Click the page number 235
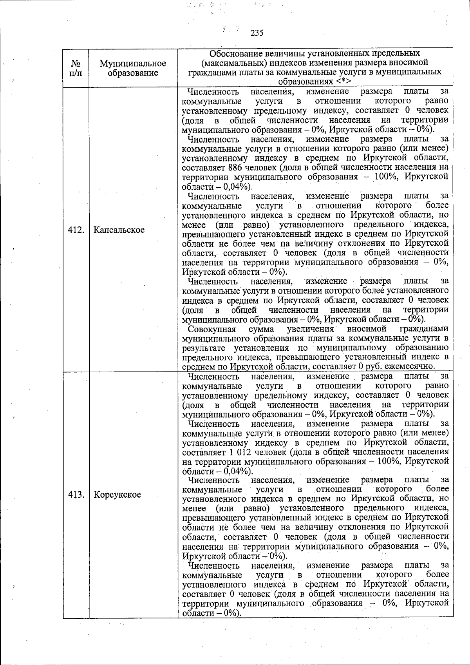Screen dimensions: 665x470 pyautogui.click(x=257, y=33)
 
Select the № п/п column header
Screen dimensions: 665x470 pyautogui.click(x=76, y=68)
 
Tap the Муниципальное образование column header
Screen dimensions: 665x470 pyautogui.click(x=133, y=68)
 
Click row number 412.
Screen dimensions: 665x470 pyautogui.click(x=76, y=230)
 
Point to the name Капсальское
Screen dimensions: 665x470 pyautogui.click(x=119, y=230)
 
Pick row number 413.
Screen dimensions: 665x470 pyautogui.click(x=76, y=495)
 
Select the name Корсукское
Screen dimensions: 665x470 pyautogui.click(x=117, y=495)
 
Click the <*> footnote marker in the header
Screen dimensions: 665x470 pyautogui.click(x=342, y=82)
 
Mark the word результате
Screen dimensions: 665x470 pyautogui.click(x=203, y=348)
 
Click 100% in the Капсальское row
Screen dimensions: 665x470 pyautogui.click(x=386, y=177)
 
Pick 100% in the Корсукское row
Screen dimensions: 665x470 pyautogui.click(x=388, y=462)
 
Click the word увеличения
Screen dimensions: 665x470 pyautogui.click(x=310, y=329)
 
